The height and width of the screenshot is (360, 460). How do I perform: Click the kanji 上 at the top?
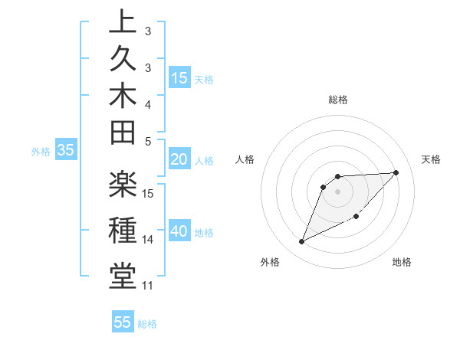click(x=123, y=22)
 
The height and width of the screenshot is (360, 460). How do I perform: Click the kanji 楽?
click(x=123, y=188)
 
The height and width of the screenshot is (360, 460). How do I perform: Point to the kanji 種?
click(x=123, y=231)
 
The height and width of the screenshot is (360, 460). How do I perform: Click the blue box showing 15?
click(x=179, y=78)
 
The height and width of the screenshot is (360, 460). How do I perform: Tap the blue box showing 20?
click(x=179, y=159)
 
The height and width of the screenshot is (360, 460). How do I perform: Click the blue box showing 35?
click(x=66, y=150)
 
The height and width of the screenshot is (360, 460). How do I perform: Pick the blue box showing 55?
click(x=123, y=322)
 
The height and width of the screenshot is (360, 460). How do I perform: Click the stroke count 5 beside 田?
click(x=149, y=141)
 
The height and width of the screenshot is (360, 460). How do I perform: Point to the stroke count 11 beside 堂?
click(x=148, y=286)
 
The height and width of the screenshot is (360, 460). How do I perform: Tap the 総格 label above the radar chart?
click(x=338, y=100)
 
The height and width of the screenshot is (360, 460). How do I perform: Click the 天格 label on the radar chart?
click(x=431, y=159)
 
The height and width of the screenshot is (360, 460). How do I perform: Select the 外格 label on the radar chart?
click(x=270, y=262)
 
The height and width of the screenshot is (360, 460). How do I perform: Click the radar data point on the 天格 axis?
click(x=396, y=172)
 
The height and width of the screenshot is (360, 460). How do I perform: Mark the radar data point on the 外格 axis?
click(x=302, y=242)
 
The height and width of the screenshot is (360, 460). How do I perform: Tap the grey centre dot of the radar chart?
click(x=338, y=191)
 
